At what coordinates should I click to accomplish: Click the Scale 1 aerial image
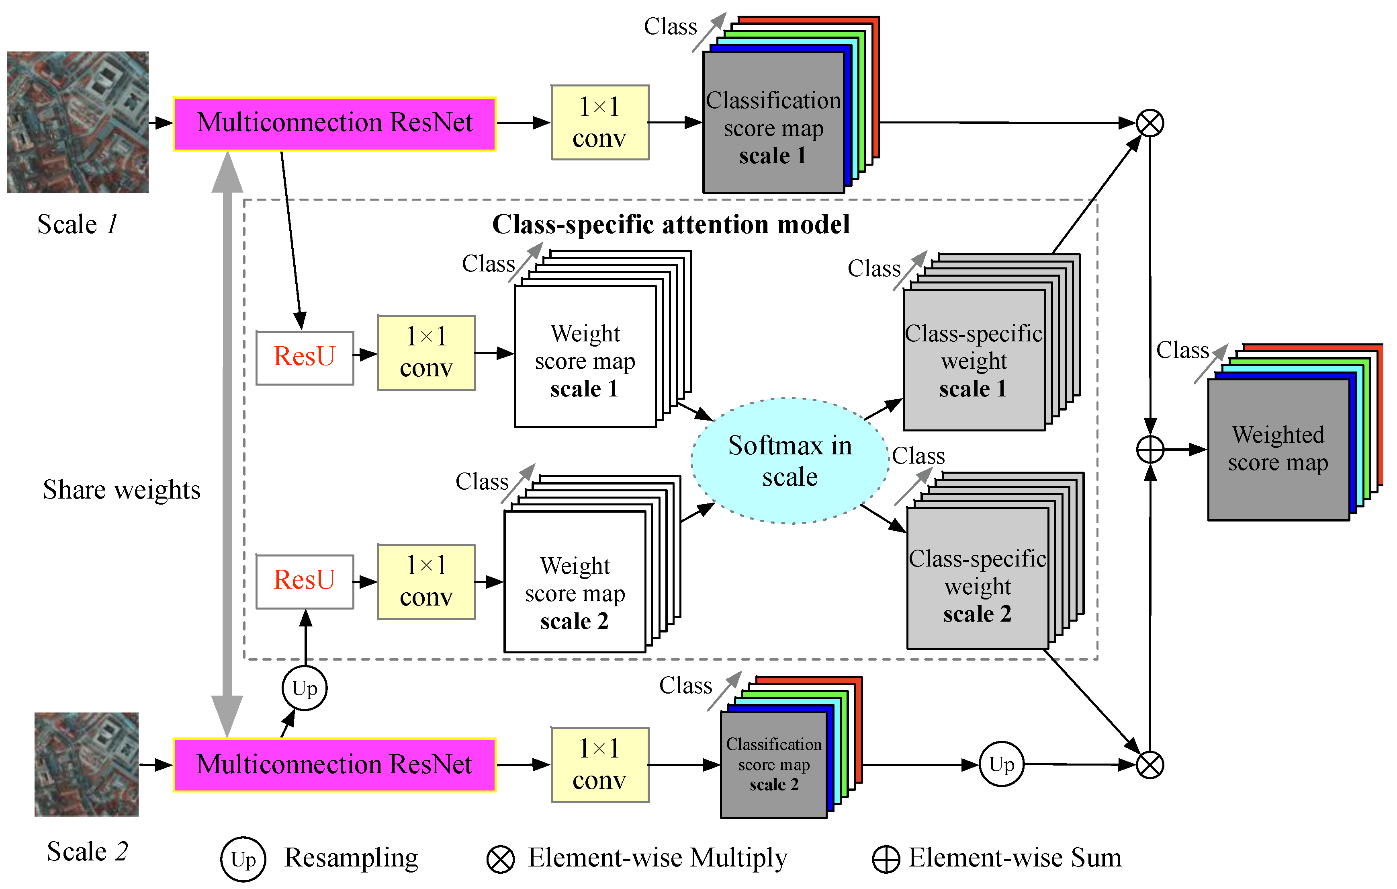click(x=78, y=122)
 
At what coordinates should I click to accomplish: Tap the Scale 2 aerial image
click(x=86, y=764)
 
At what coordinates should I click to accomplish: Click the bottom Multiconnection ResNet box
click(x=335, y=764)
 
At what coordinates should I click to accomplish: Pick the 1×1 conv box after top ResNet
click(x=600, y=123)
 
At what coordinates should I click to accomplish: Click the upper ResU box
click(x=305, y=357)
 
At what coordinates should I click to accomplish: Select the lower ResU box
click(x=305, y=581)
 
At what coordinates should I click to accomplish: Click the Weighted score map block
click(x=1278, y=449)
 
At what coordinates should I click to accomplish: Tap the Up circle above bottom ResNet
click(x=305, y=689)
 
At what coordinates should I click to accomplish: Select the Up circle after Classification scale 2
click(x=1001, y=764)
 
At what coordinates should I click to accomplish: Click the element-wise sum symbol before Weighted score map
click(x=1149, y=450)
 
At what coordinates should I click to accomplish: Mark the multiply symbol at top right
click(x=1149, y=123)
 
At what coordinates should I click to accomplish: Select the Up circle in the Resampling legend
click(x=243, y=859)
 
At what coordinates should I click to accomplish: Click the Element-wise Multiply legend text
click(x=657, y=858)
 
